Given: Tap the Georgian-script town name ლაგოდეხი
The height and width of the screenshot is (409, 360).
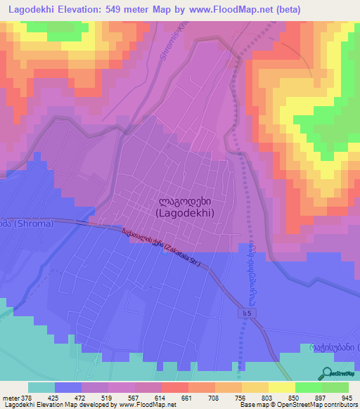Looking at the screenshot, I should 186,198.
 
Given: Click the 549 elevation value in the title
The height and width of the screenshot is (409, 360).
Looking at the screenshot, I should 123,9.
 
